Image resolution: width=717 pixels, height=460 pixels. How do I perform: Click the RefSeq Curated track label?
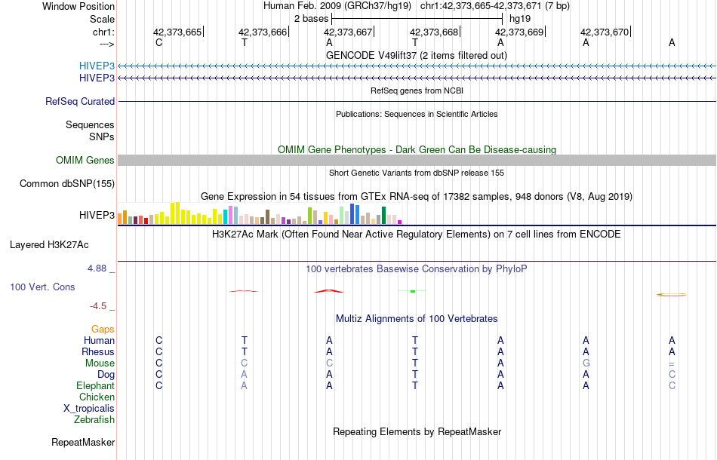pyautogui.click(x=80, y=101)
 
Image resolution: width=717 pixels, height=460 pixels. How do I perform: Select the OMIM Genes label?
pyautogui.click(x=85, y=160)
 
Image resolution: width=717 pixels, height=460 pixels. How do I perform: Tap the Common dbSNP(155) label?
pyautogui.click(x=67, y=183)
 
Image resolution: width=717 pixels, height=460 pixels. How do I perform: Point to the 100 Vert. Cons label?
pyautogui.click(x=43, y=287)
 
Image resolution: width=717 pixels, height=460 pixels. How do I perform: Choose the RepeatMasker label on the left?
pyautogui.click(x=83, y=442)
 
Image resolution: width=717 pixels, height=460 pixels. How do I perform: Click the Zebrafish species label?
pyautogui.click(x=94, y=419)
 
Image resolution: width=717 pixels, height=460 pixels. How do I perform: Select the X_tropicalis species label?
pyautogui.click(x=89, y=408)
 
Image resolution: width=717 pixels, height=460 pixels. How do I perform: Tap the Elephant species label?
pyautogui.click(x=95, y=385)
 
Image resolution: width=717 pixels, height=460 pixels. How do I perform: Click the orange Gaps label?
pyautogui.click(x=103, y=329)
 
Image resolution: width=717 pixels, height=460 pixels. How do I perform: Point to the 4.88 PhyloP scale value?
pyautogui.click(x=100, y=268)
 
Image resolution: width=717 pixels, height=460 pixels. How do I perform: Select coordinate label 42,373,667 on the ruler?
pyautogui.click(x=348, y=32)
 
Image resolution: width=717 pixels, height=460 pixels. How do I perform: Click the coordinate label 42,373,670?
pyautogui.click(x=604, y=32)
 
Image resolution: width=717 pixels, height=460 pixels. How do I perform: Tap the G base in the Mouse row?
pyautogui.click(x=586, y=363)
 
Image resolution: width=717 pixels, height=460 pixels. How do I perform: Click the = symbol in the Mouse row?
pyautogui.click(x=671, y=363)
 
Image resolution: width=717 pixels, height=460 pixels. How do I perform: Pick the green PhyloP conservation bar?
pyautogui.click(x=413, y=291)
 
